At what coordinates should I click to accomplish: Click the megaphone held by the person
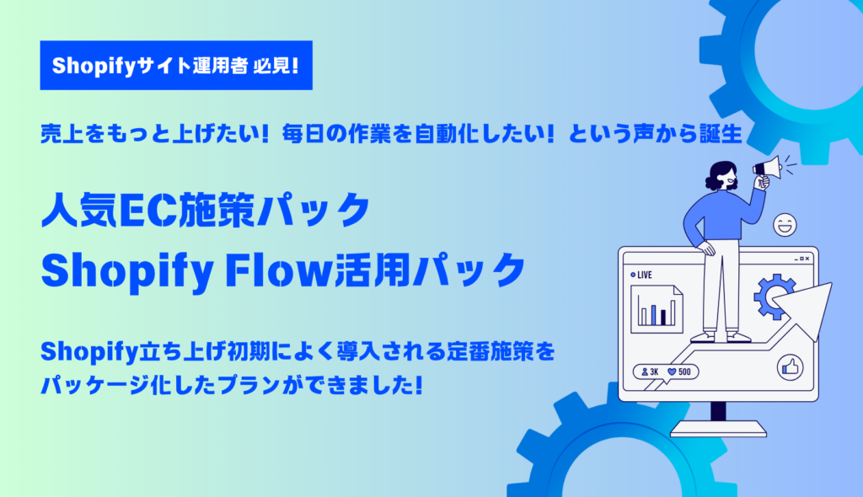pos(767,168)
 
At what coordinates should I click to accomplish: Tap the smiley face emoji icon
pos(785,225)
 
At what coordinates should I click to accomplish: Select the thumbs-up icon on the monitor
pos(790,367)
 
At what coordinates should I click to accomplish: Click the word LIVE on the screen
pos(645,275)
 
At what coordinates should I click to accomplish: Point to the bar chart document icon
pos(657,309)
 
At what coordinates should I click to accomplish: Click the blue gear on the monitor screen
pos(774,297)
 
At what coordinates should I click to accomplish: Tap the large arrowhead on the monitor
pos(805,309)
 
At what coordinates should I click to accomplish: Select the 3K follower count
pos(650,372)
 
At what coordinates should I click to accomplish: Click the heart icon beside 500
pos(672,372)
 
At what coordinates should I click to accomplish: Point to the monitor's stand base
pos(718,428)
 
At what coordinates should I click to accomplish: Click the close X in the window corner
pos(807,259)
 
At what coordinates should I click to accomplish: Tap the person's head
pos(722,176)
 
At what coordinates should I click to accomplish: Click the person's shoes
pos(721,336)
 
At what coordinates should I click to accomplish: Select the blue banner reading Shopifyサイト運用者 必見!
pos(176,66)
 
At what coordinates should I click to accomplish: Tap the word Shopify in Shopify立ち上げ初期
pos(88,352)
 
